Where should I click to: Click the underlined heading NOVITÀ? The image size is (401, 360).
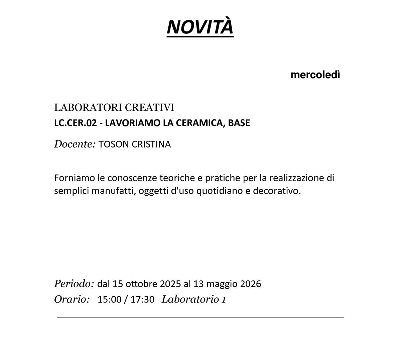pyautogui.click(x=200, y=26)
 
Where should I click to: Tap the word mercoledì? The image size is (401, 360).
pyautogui.click(x=315, y=75)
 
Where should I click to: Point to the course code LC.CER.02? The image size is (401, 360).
pyautogui.click(x=76, y=123)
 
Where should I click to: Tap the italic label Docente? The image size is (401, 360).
pyautogui.click(x=75, y=144)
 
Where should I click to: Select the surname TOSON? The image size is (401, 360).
pyautogui.click(x=114, y=145)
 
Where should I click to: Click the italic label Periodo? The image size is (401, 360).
pyautogui.click(x=74, y=284)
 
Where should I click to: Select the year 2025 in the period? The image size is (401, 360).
pyautogui.click(x=170, y=284)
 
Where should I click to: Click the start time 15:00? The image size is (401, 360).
pyautogui.click(x=109, y=299)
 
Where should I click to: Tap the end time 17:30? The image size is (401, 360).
pyautogui.click(x=142, y=299)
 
